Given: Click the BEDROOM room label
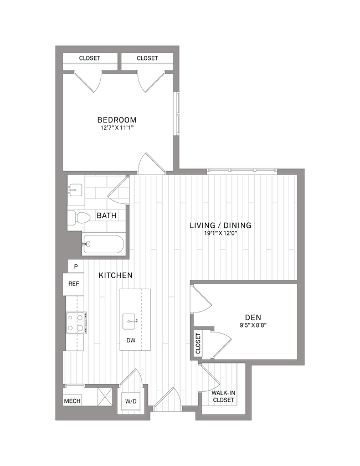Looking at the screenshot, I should [117, 120].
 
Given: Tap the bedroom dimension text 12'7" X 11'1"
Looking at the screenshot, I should [117, 128].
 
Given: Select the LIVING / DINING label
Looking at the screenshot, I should [220, 226].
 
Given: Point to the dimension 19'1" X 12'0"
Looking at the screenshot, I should [220, 234].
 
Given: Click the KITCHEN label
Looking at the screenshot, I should [115, 275].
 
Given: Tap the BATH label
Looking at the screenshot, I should [106, 216].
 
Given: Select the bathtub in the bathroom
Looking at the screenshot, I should [104, 244].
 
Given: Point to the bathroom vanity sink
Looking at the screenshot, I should [75, 190].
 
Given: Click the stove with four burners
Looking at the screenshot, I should [75, 322].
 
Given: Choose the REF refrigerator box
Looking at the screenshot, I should [73, 284].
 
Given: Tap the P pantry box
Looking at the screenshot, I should [75, 267].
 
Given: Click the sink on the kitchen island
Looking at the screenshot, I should [131, 320].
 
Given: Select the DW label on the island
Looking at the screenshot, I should [131, 341].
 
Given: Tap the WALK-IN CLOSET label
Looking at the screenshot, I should [224, 396].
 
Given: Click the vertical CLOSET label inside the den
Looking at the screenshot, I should [198, 344].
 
